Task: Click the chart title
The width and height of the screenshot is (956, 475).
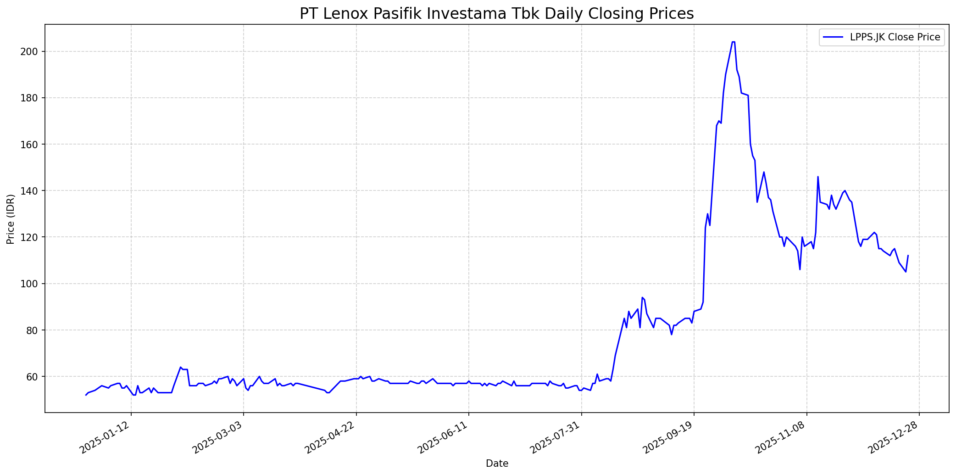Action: click(496, 14)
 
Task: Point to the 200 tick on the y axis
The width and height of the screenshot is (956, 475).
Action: click(31, 51)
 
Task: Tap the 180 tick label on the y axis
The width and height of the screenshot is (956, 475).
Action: click(31, 98)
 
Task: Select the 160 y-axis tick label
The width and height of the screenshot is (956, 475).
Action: click(31, 144)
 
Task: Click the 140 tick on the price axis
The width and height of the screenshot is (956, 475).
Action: click(31, 190)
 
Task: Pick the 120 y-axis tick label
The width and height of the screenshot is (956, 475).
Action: click(31, 237)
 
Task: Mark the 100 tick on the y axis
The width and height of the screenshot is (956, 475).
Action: click(31, 284)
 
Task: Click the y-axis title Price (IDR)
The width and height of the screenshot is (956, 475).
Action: click(11, 218)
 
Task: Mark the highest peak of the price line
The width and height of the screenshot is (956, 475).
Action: click(733, 42)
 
